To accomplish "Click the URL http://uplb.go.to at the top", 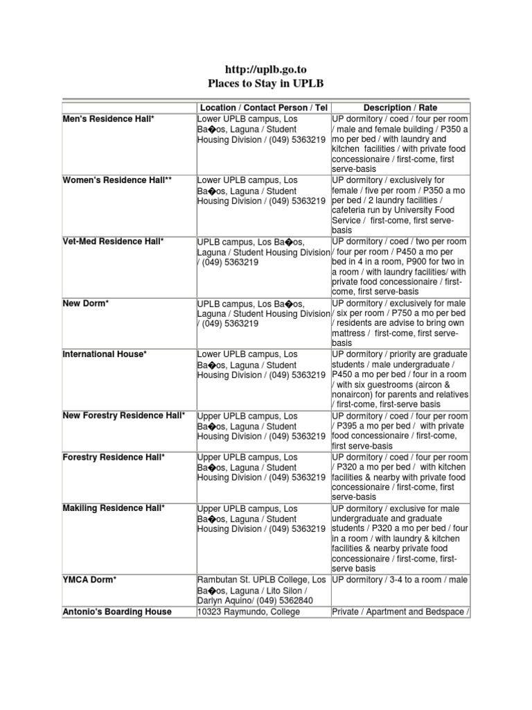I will pyautogui.click(x=266, y=69).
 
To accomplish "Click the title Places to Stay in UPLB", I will pyautogui.click(x=266, y=84).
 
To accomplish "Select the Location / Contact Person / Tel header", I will pyautogui.click(x=263, y=108).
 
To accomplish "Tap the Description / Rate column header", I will pyautogui.click(x=400, y=108).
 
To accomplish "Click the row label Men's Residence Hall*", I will pyautogui.click(x=109, y=119).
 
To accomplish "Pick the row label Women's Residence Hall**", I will pyautogui.click(x=117, y=180).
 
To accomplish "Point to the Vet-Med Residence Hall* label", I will pyautogui.click(x=114, y=241).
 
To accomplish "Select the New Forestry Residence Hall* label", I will pyautogui.click(x=124, y=415).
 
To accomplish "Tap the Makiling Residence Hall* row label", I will pyautogui.click(x=114, y=508).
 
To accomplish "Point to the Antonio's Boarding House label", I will pyautogui.click(x=117, y=612).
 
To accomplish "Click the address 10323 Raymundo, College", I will pyautogui.click(x=249, y=612).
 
